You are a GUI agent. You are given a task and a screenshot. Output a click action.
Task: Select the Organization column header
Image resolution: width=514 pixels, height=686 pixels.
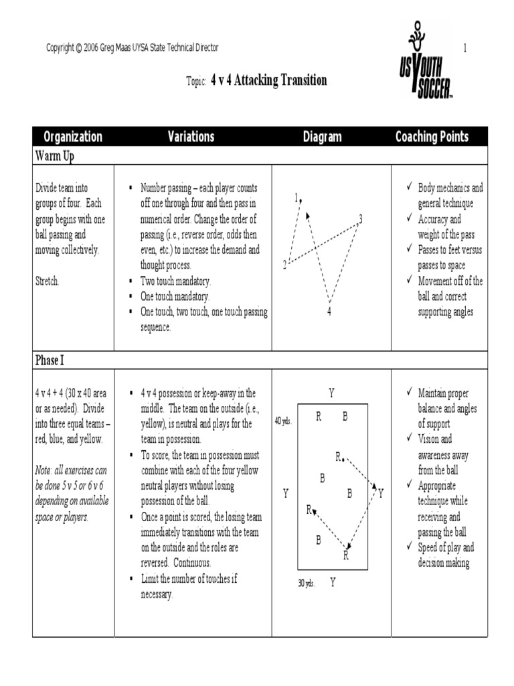coord(73,137)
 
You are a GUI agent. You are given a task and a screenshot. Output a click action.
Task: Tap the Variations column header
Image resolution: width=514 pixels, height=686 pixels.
coord(191,137)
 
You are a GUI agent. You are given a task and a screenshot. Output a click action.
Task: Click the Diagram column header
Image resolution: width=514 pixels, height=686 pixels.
coord(322,137)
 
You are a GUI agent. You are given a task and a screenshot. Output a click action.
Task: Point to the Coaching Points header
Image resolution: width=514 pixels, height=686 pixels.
coord(432,137)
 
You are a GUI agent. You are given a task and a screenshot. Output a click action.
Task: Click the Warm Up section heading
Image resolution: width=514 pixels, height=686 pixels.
coord(54,156)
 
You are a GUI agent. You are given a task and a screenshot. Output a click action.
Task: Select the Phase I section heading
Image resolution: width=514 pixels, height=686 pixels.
coord(50,360)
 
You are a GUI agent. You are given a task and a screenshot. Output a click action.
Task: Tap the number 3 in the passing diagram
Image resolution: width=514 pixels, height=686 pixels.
coord(360,218)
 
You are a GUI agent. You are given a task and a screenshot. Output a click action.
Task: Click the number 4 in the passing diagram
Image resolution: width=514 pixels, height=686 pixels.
coord(329,312)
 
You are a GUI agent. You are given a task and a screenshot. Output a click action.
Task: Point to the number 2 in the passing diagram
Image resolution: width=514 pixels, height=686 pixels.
coord(284,265)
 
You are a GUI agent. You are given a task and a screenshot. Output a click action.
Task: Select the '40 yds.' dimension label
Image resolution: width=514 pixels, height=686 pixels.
coord(283,421)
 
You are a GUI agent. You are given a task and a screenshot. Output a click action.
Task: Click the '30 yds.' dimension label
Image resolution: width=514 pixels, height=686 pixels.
coord(307,583)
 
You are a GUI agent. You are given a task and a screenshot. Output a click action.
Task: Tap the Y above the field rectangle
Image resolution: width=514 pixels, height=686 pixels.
coord(331,392)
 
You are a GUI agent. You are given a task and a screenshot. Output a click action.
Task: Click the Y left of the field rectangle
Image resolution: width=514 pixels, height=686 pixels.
coord(285,494)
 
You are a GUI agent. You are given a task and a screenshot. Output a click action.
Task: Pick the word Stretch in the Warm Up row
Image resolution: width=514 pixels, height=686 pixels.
coord(47,281)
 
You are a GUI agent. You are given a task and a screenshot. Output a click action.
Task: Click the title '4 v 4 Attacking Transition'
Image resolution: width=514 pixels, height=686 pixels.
coord(269,80)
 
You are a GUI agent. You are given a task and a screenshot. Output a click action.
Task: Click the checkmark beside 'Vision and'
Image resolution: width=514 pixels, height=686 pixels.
coord(409,439)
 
